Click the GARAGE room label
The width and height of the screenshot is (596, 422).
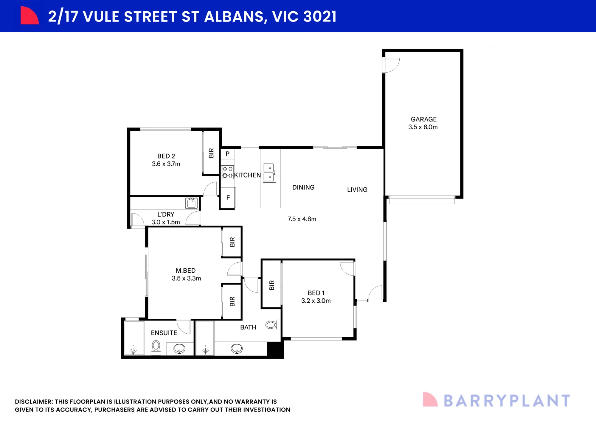point(423,119)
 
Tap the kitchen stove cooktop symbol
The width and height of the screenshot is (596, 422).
point(227,172)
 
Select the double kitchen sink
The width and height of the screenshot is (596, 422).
point(269,173)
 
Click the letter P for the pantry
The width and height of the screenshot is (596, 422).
point(228,154)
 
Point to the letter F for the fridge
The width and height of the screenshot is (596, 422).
point(228,198)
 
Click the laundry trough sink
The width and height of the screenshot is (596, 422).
point(191,203)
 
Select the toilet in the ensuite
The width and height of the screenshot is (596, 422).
point(156,348)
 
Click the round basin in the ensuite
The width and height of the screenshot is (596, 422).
point(179,348)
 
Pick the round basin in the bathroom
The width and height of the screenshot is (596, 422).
point(237,348)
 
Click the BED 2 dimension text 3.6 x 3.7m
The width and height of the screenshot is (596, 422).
point(166,164)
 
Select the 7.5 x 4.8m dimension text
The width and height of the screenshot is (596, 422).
point(302,219)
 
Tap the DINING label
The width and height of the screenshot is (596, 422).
point(303,187)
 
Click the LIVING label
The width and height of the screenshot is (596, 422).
point(357,190)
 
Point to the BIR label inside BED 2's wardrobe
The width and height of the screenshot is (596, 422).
point(211,153)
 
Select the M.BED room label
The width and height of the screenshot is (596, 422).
point(186,271)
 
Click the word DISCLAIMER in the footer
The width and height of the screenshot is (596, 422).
point(34,402)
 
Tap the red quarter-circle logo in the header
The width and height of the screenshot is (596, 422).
point(29,16)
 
